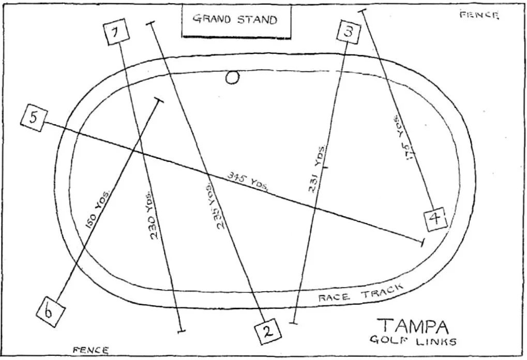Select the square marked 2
[x=268, y=332]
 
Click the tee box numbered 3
[x=349, y=31]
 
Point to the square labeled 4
[x=435, y=219]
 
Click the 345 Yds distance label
[x=247, y=181]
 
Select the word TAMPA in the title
[x=413, y=326]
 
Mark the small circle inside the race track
[x=233, y=78]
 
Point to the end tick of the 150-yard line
[x=158, y=100]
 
